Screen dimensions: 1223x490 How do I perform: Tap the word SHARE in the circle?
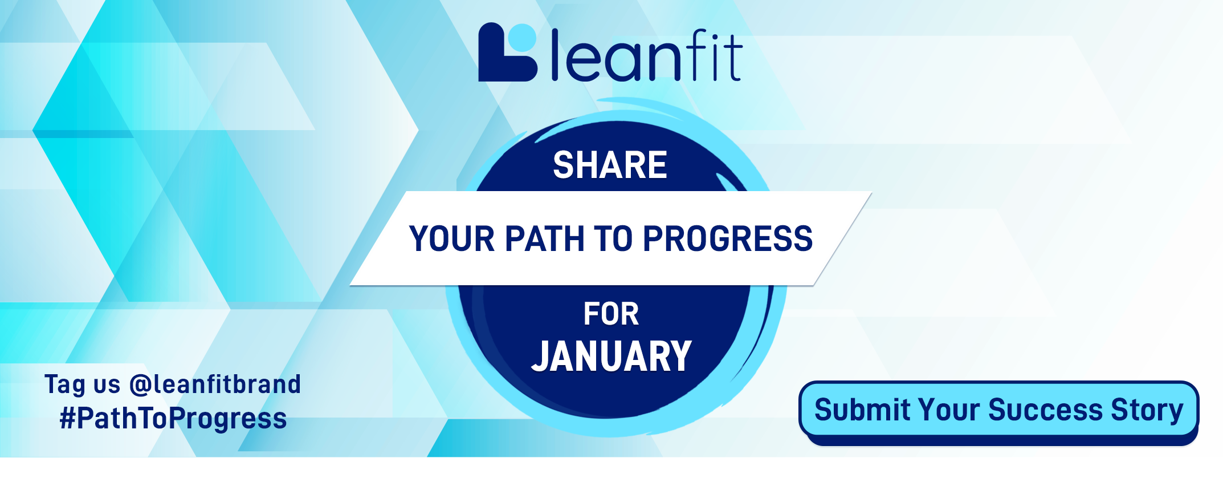(x=610, y=165)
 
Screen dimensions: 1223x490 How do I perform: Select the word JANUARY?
(x=611, y=357)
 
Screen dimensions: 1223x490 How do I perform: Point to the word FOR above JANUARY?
(x=611, y=314)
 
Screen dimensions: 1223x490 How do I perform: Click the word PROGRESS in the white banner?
(x=728, y=238)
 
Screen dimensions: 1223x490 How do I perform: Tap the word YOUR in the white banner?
(x=452, y=238)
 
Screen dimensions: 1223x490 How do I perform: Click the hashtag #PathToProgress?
(x=173, y=418)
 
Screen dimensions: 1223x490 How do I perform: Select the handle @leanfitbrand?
(x=215, y=384)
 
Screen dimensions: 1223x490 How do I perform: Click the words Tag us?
(x=83, y=384)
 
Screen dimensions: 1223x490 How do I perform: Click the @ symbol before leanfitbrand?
(x=139, y=385)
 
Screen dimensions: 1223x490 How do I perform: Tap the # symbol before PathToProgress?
(x=68, y=418)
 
